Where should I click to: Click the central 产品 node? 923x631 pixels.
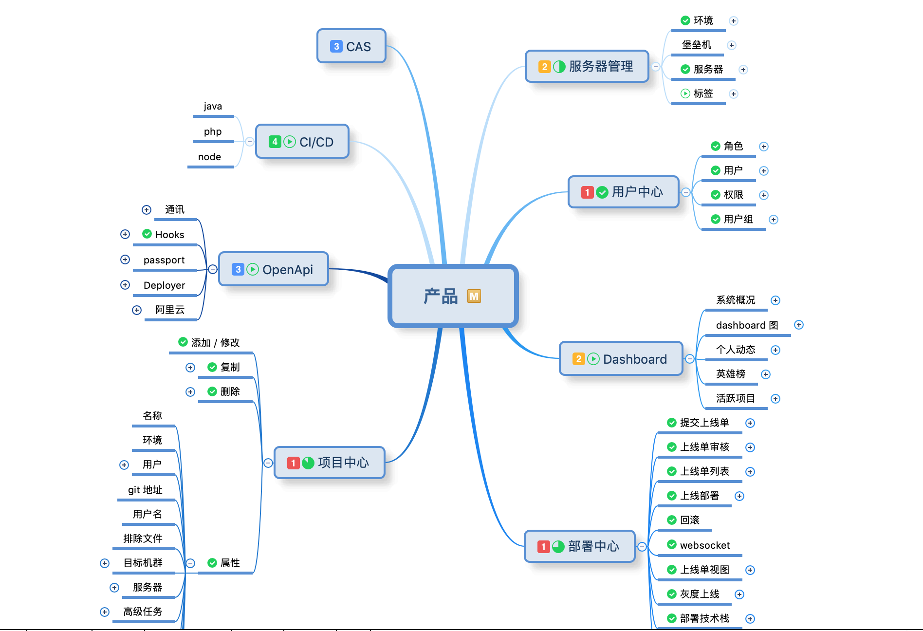pyautogui.click(x=453, y=296)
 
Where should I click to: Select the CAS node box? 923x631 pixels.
pyautogui.click(x=351, y=46)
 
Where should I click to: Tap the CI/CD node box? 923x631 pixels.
pyautogui.click(x=302, y=142)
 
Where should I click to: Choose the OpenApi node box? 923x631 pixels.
pyautogui.click(x=274, y=269)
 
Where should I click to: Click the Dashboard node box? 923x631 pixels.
pyautogui.click(x=621, y=359)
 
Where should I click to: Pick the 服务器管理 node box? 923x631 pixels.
pyautogui.click(x=587, y=66)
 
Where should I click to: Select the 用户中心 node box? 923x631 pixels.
pyautogui.click(x=624, y=192)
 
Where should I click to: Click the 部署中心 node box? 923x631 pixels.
pyautogui.click(x=580, y=546)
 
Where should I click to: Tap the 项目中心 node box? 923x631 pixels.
pyautogui.click(x=330, y=463)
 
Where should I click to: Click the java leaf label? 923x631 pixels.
pyautogui.click(x=213, y=106)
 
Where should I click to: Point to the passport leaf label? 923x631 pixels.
pyautogui.click(x=164, y=260)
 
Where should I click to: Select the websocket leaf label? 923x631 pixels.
pyautogui.click(x=705, y=545)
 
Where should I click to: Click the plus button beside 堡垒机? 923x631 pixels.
pyautogui.click(x=731, y=45)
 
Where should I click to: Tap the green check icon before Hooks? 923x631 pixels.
pyautogui.click(x=147, y=234)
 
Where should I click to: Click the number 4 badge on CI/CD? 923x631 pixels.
pyautogui.click(x=275, y=142)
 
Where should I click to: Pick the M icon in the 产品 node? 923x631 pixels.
pyautogui.click(x=474, y=296)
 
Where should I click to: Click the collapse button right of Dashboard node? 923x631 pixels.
pyautogui.click(x=690, y=359)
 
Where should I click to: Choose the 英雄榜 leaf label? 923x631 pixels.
pyautogui.click(x=731, y=374)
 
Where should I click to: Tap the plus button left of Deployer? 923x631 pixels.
pyautogui.click(x=125, y=285)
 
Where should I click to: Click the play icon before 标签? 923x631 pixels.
pyautogui.click(x=685, y=93)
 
